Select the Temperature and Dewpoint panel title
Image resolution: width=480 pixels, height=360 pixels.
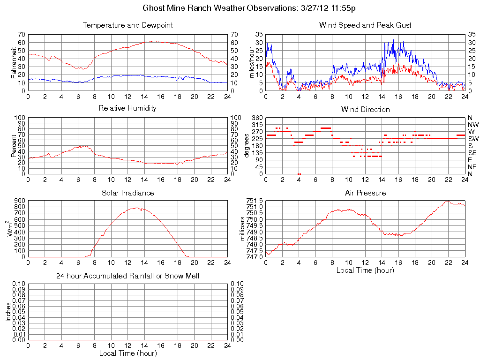tap(127, 25)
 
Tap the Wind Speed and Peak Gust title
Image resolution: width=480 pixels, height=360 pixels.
tap(365, 25)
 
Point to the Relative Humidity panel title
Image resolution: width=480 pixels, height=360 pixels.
tap(127, 108)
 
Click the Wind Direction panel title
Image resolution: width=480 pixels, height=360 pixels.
tap(365, 110)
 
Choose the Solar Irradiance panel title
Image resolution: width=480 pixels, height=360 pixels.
tap(127, 193)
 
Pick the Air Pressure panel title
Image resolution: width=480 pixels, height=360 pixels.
tap(365, 193)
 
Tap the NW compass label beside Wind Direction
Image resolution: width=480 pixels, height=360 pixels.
tap(473, 125)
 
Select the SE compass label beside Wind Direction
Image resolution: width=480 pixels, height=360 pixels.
tap(472, 153)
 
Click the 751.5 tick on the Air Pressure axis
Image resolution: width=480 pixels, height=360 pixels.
tap(255, 201)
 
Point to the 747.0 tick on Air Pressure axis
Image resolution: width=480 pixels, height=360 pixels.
tap(255, 257)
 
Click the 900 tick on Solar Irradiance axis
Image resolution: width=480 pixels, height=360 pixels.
tap(19, 201)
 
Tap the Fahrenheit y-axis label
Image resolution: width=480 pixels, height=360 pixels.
tap(14, 62)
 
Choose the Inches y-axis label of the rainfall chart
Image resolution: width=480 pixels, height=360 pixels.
tap(8, 312)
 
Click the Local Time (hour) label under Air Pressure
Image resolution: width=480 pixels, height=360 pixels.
tap(365, 270)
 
